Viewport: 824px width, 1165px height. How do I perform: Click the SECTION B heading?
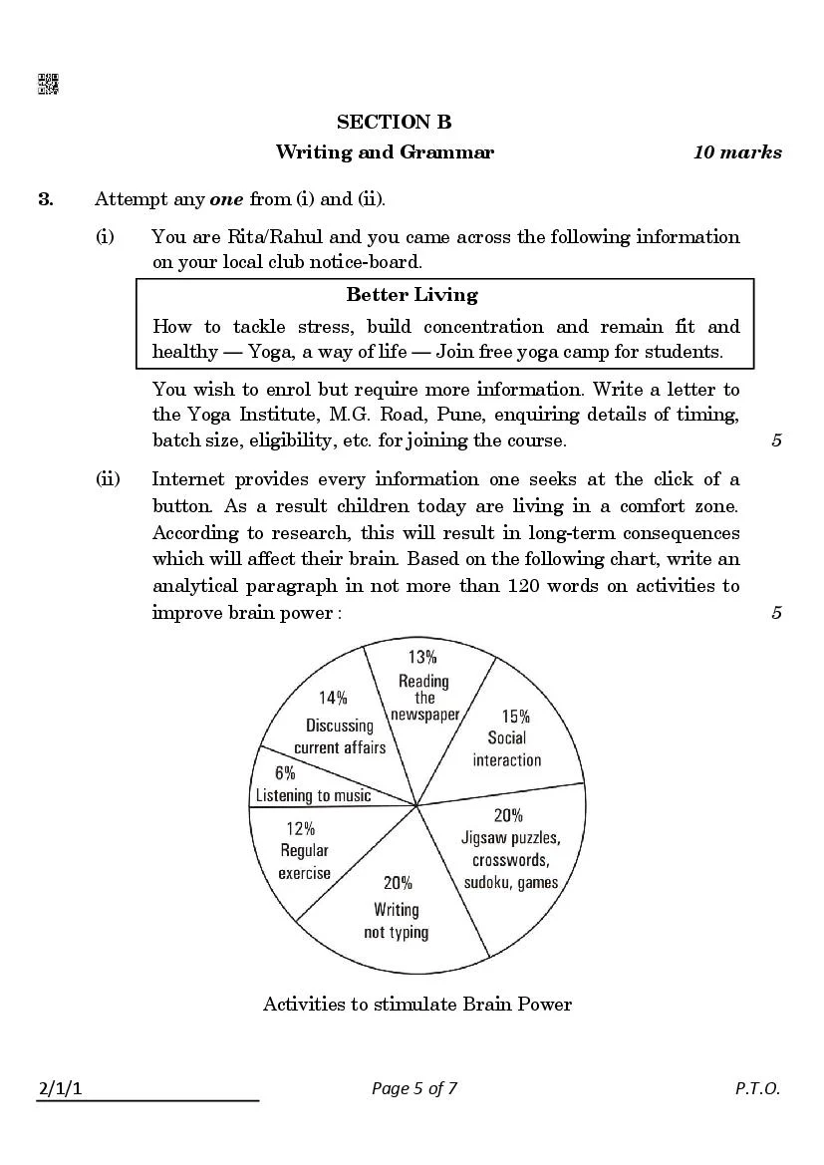pos(394,123)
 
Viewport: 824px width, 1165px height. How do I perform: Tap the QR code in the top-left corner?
pos(48,85)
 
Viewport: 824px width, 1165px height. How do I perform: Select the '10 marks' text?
pos(737,152)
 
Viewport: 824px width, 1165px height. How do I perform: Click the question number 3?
pos(46,199)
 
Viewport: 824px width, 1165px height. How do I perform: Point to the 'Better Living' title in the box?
pos(412,295)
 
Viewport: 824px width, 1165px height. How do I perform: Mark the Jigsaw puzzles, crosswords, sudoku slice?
pos(508,852)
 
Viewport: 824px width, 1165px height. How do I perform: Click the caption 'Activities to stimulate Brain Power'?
pos(416,1004)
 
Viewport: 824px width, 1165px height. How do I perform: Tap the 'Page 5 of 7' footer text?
pos(413,1088)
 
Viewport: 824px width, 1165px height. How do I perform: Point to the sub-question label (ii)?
pos(107,479)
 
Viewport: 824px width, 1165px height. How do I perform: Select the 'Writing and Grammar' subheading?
pos(385,152)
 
